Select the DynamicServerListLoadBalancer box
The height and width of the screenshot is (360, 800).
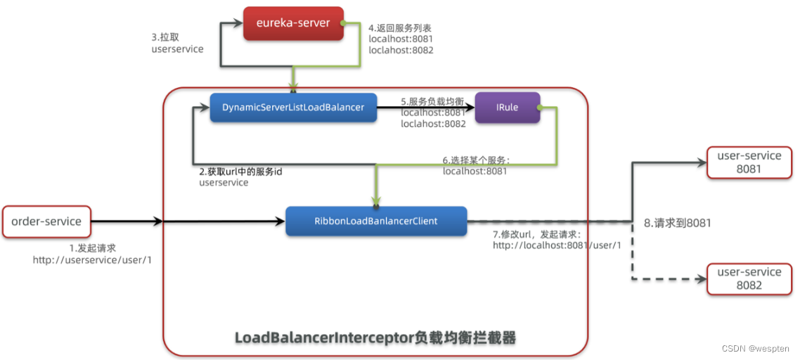pos(293,108)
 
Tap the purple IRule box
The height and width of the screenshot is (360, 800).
pos(507,108)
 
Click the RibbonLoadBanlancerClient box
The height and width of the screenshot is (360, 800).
pos(376,221)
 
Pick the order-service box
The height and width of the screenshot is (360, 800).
pos(46,221)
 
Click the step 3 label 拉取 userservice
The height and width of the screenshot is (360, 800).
pos(177,44)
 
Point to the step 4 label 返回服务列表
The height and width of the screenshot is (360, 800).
pos(401,28)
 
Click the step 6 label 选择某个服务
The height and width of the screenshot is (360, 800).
pos(476,160)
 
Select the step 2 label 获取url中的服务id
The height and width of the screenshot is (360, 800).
pos(240,172)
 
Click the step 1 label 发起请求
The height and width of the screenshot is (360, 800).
pos(92,248)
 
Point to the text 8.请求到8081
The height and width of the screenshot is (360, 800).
pos(678,223)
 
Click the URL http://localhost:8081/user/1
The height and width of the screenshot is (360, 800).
pos(557,245)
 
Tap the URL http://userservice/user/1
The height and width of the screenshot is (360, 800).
pos(92,259)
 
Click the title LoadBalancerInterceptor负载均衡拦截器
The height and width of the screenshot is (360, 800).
pos(375,338)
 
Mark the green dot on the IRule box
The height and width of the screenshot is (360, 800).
pos(538,108)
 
